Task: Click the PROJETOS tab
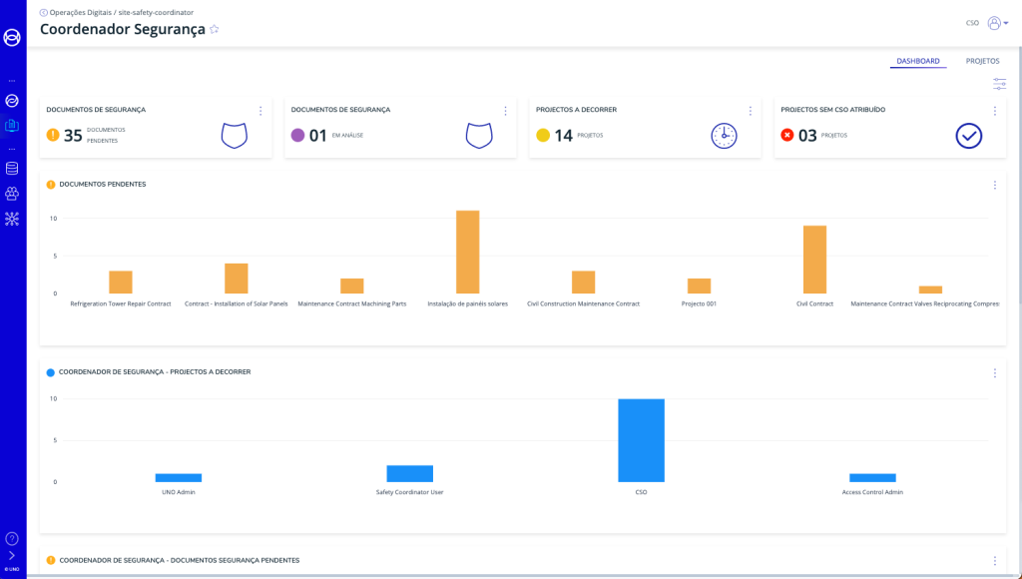[x=982, y=61]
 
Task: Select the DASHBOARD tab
[x=917, y=61]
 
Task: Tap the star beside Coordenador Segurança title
[x=215, y=30]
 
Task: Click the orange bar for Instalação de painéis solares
[x=467, y=252]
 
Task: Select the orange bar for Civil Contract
[x=814, y=260]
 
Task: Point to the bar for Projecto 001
[x=699, y=286]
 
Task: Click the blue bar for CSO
[x=641, y=440]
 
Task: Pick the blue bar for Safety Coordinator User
[x=409, y=473]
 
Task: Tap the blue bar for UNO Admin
[x=178, y=477]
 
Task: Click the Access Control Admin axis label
[x=872, y=492]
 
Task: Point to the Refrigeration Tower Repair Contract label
[x=121, y=303]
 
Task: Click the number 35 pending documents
[x=73, y=136]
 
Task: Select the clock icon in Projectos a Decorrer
[x=724, y=136]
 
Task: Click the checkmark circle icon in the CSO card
[x=968, y=136]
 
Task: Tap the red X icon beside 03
[x=787, y=136]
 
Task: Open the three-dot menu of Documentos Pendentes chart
[x=994, y=185]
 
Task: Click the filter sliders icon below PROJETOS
[x=999, y=84]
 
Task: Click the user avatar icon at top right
[x=994, y=23]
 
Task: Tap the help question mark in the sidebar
[x=12, y=538]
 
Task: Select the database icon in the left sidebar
[x=12, y=168]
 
